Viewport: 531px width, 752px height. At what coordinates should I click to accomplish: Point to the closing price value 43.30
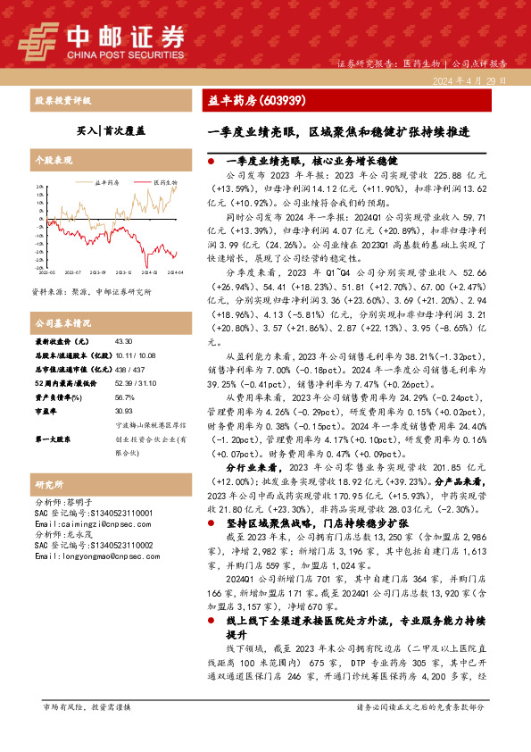tap(124, 341)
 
